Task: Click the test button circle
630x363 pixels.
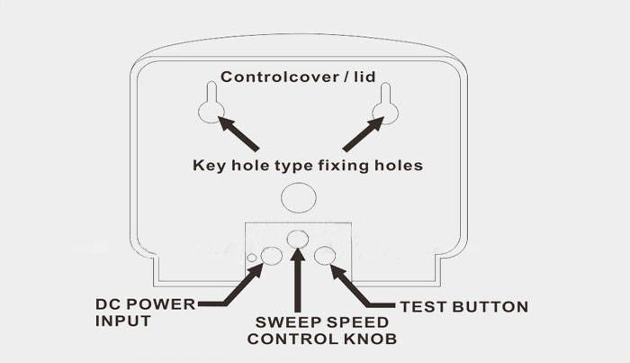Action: click(328, 257)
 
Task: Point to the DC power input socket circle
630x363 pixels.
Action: click(270, 256)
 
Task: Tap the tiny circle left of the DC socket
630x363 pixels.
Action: click(254, 259)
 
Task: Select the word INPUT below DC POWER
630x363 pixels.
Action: click(121, 320)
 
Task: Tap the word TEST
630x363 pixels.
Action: click(420, 306)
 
